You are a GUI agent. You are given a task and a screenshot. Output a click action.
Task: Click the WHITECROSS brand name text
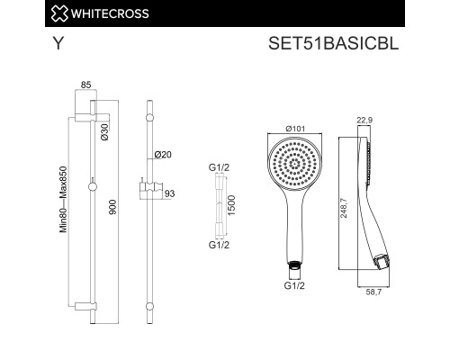click(110, 13)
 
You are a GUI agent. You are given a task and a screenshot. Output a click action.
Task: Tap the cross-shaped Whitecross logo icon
click(59, 13)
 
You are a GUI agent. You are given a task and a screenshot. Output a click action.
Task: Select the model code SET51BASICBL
click(333, 43)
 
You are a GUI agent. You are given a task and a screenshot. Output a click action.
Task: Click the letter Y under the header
click(58, 43)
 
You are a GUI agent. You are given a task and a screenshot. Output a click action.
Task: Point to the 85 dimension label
click(85, 85)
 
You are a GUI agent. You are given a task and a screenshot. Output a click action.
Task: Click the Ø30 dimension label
click(104, 132)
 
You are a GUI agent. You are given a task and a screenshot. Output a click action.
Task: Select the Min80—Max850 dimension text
click(63, 200)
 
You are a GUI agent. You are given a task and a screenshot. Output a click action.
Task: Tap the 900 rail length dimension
click(112, 207)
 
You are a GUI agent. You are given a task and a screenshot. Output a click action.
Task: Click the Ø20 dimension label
click(163, 155)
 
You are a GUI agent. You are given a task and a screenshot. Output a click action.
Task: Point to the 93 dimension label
click(169, 193)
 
